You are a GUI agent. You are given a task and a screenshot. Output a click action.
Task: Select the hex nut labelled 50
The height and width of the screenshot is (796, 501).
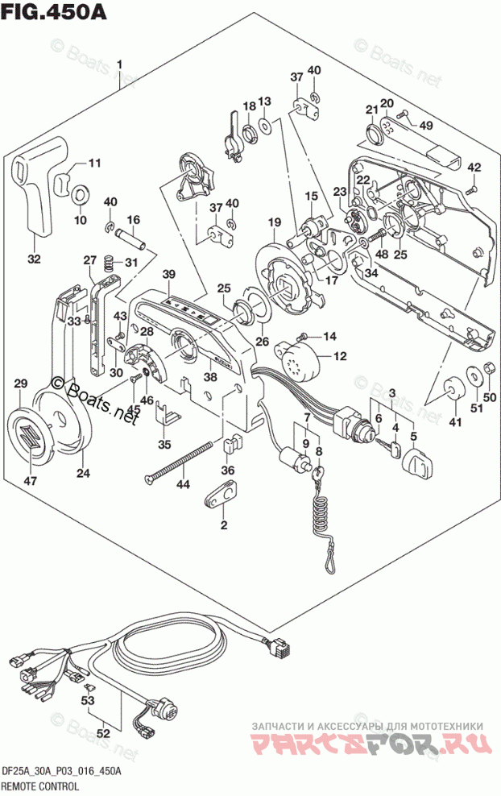coord(487,371)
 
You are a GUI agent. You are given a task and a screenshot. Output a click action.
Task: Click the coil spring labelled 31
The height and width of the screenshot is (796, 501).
coord(111,261)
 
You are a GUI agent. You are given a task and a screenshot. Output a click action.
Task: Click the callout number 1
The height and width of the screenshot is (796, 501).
coord(118,64)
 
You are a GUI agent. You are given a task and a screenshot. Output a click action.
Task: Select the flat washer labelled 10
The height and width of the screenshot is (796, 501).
coord(81,195)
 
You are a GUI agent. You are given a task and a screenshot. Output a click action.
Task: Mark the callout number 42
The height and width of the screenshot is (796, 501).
coord(474,168)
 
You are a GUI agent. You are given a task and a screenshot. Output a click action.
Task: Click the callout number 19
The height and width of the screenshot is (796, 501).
coord(274,222)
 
